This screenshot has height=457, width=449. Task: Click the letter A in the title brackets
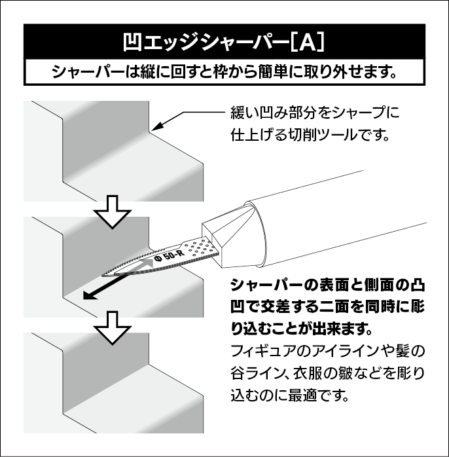[x=308, y=43]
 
